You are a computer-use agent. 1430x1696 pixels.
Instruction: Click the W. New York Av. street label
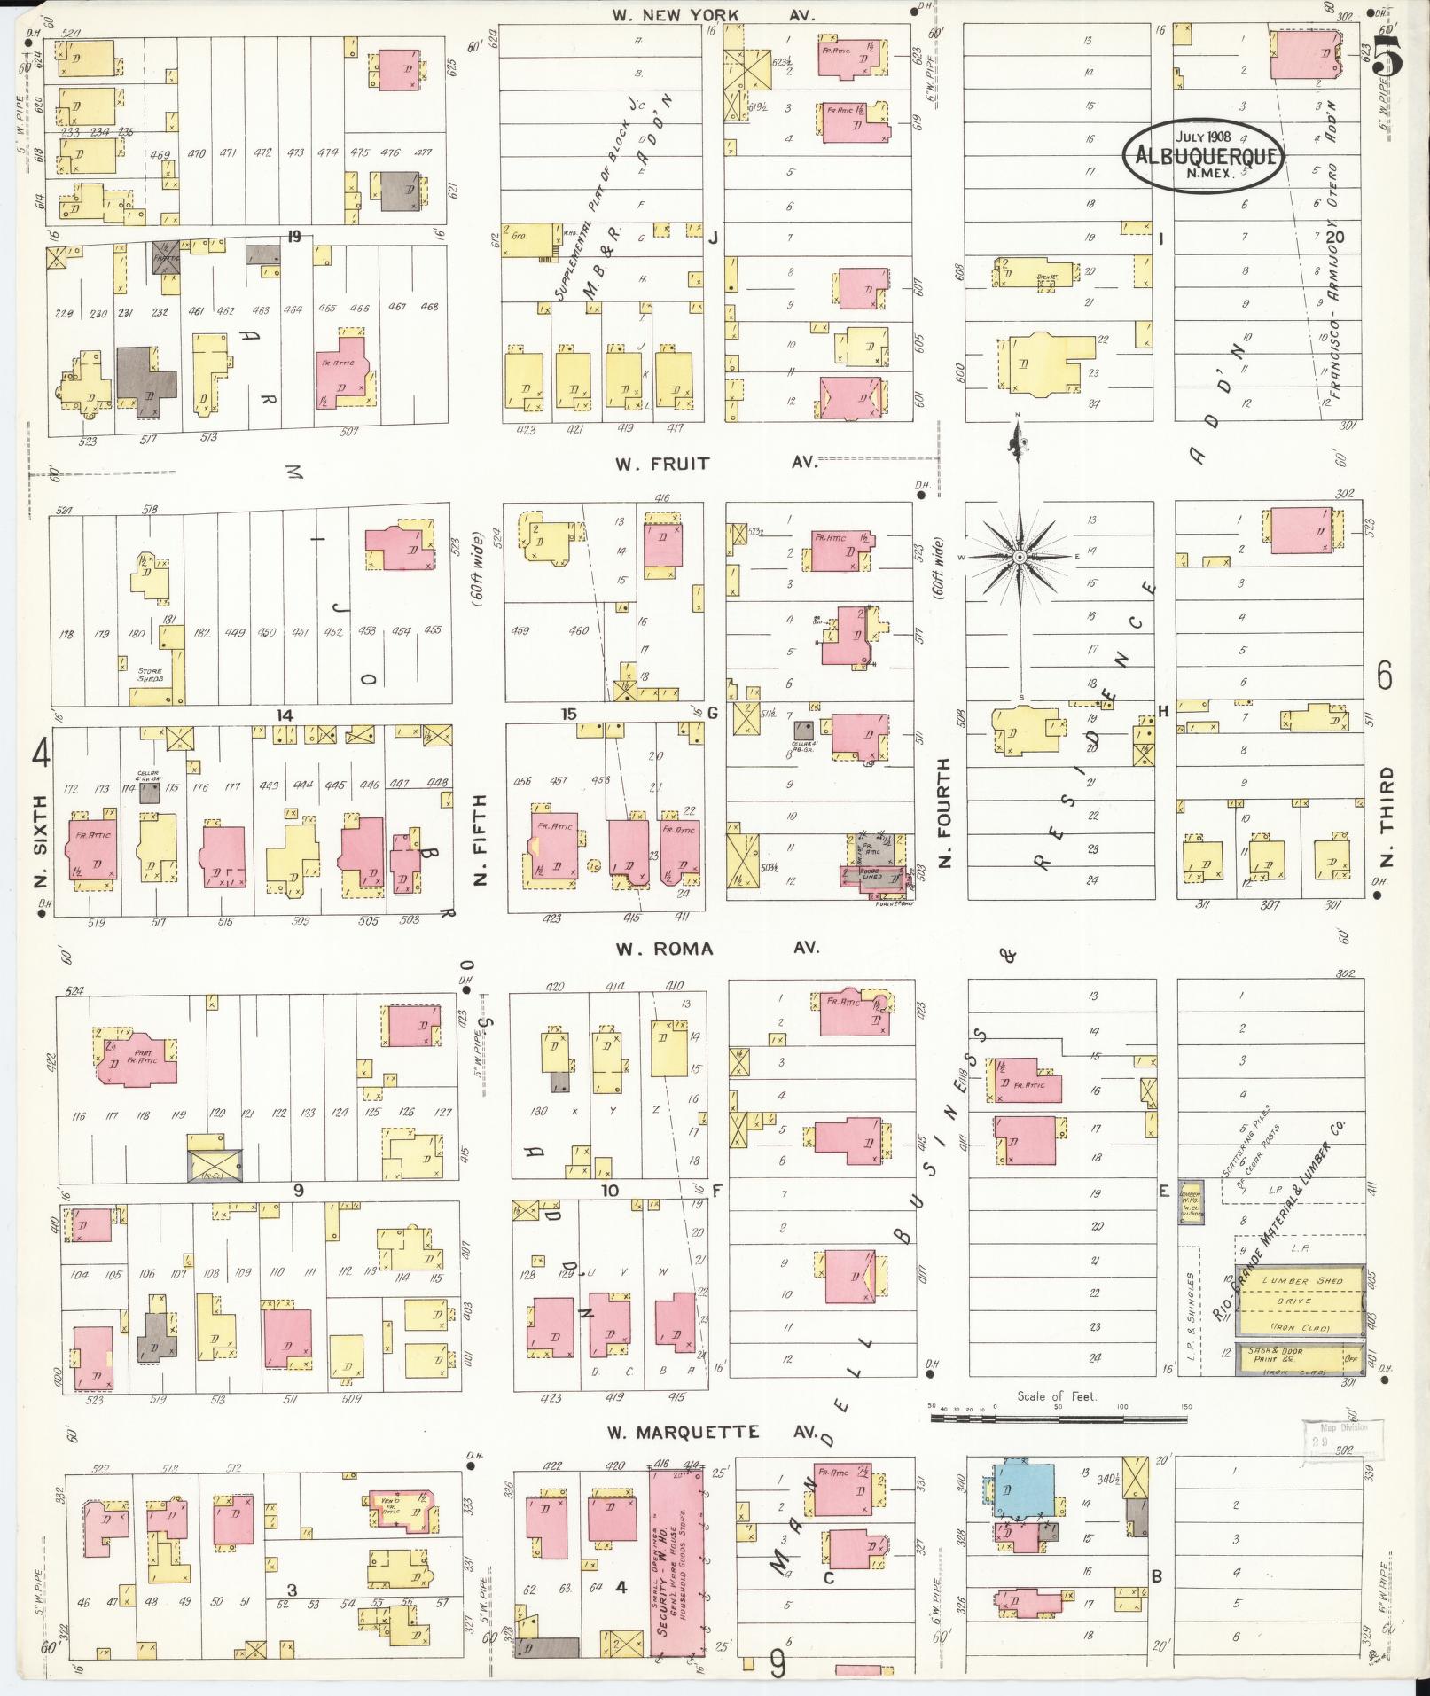coord(713,15)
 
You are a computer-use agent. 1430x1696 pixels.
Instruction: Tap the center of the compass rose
coord(1020,555)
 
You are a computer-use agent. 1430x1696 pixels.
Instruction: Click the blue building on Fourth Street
coord(1024,1490)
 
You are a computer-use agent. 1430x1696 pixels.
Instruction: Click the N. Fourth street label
coord(944,812)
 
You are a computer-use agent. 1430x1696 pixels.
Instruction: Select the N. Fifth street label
coord(481,839)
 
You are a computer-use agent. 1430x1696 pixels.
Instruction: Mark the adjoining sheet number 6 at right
coord(1385,677)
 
